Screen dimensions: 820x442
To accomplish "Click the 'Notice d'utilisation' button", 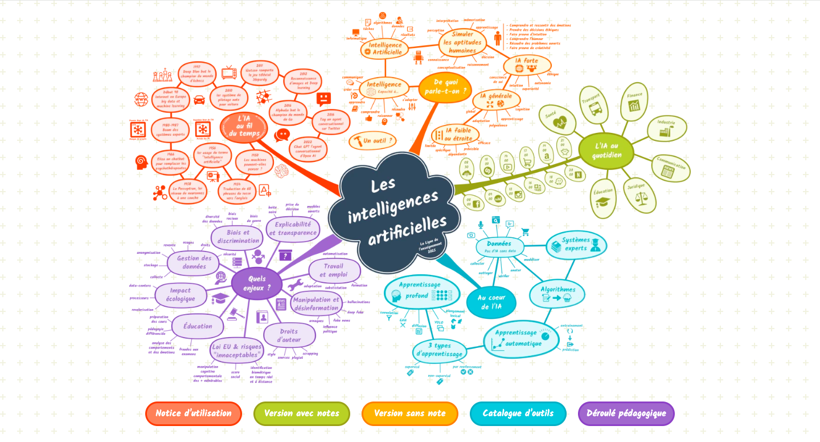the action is pyautogui.click(x=194, y=413).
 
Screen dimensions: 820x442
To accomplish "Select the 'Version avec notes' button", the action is pyautogui.click(x=302, y=413).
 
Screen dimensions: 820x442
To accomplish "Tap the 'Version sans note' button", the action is pyautogui.click(x=410, y=413).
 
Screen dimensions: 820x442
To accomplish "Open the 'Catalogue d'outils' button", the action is pyautogui.click(x=518, y=413).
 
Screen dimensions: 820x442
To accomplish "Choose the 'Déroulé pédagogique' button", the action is pyautogui.click(x=626, y=413).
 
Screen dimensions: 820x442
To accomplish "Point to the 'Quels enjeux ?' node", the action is pyautogui.click(x=257, y=283).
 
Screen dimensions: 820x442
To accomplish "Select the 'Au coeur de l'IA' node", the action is pyautogui.click(x=491, y=302).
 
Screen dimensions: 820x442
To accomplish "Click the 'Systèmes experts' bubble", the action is pyautogui.click(x=576, y=245).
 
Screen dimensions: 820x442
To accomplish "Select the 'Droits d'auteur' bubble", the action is pyautogui.click(x=289, y=335).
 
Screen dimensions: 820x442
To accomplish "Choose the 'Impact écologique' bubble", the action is pyautogui.click(x=181, y=294).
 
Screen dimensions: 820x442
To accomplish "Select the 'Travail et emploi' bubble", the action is pyautogui.click(x=335, y=270).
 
